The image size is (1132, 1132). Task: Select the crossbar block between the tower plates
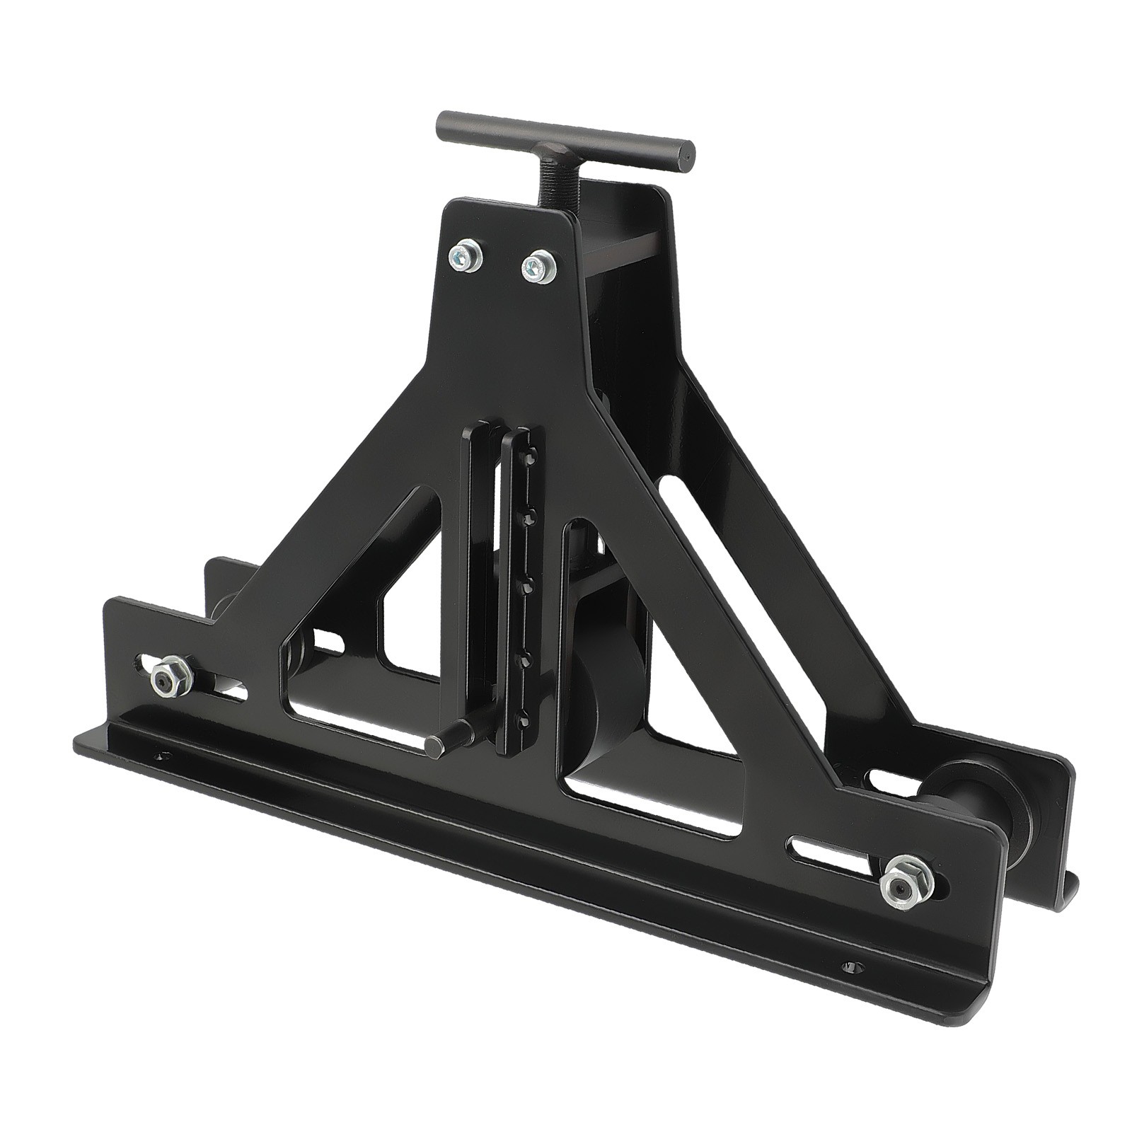(x=623, y=255)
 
